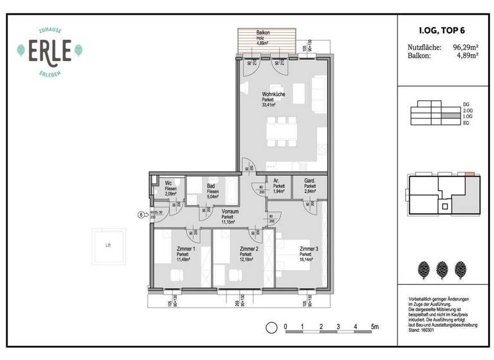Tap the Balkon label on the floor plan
(263, 33)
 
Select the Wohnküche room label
(273, 94)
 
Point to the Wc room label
(169, 183)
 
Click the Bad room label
(212, 183)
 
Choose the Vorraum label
(230, 212)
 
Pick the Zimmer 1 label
(183, 249)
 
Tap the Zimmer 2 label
(248, 249)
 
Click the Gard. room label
(310, 181)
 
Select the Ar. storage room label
(275, 181)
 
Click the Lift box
(108, 245)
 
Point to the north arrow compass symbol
(271, 327)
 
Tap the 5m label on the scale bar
(375, 327)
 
